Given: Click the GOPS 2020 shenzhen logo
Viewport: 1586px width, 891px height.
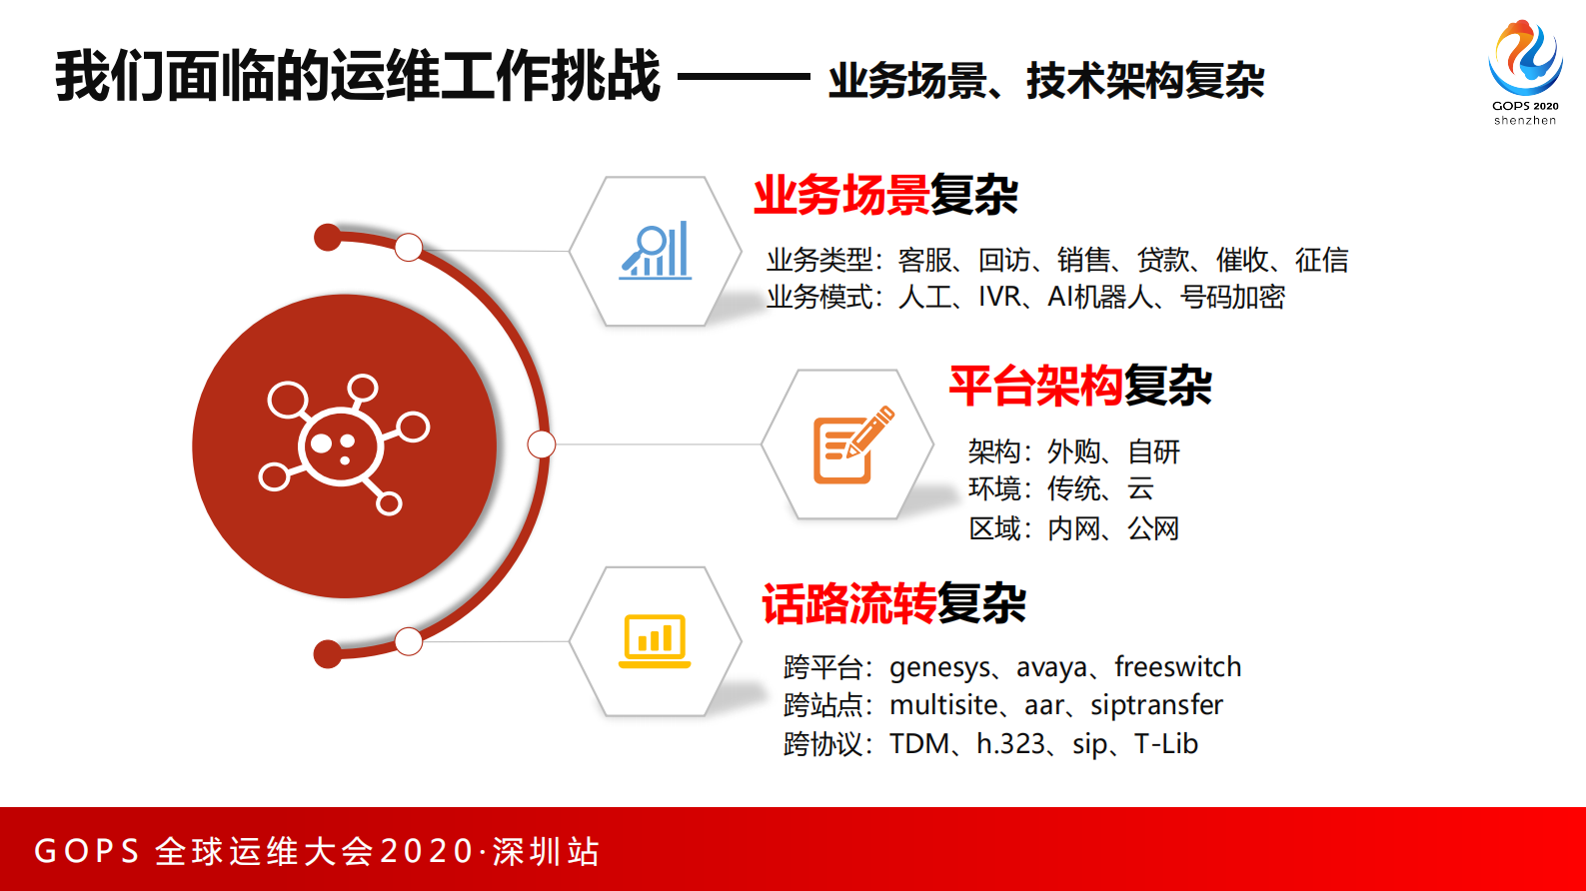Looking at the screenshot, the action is [1525, 72].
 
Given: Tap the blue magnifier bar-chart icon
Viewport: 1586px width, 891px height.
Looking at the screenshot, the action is [655, 251].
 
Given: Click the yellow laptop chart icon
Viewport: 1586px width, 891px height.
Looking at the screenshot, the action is [655, 641].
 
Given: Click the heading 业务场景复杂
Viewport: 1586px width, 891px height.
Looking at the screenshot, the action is [885, 195].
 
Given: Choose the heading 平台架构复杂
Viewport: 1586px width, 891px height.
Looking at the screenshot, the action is [1080, 386].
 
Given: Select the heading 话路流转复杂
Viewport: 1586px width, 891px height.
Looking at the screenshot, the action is [893, 603].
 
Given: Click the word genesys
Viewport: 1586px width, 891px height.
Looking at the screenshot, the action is [939, 668].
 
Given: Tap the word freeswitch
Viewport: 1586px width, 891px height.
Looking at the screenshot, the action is [1178, 666].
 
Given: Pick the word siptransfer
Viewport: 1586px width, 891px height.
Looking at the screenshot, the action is [1157, 705].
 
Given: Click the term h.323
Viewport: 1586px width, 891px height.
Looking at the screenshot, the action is [1010, 744].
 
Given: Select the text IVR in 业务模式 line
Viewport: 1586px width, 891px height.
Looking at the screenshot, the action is [999, 298].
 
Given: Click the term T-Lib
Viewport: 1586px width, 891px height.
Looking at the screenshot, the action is [1166, 744].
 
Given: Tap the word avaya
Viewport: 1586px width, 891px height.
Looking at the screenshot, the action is [1051, 668].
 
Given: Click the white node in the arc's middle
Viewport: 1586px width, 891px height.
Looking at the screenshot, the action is [542, 445].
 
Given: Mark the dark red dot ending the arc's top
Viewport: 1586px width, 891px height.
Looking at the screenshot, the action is [328, 237].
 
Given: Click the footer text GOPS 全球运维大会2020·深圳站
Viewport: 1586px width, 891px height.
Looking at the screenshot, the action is [317, 851].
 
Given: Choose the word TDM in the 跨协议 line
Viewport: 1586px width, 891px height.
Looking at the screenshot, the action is [919, 744].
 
